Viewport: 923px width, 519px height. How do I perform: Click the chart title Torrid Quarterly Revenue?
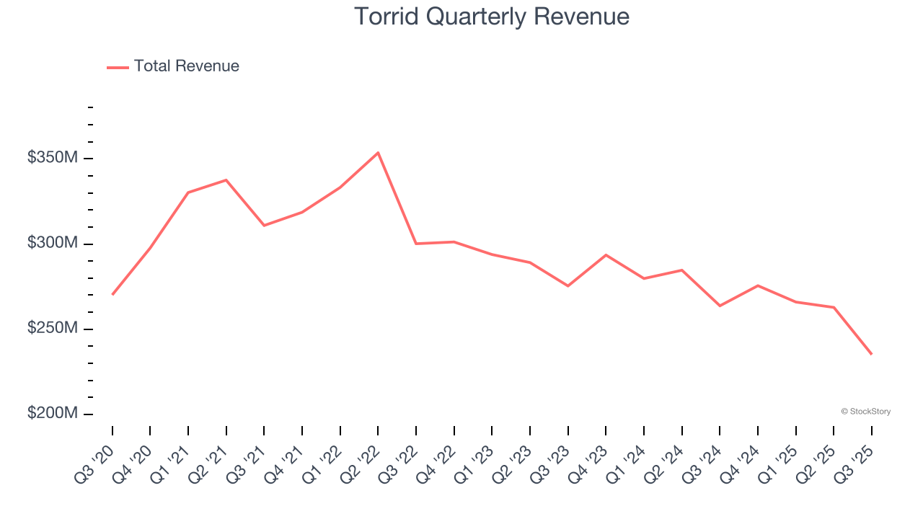pos(492,17)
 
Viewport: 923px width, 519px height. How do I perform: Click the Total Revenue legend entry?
pos(186,66)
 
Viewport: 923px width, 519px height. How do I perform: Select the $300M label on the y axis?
pos(53,244)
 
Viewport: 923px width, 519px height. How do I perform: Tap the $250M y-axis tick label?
pos(53,329)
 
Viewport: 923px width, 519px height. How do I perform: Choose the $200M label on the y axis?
pos(53,414)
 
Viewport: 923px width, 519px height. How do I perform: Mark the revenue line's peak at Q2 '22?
pos(378,153)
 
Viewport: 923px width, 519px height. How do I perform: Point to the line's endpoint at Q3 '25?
pos(871,354)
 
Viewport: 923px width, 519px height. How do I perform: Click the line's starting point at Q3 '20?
pos(112,294)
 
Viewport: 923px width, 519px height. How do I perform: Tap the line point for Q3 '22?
pos(416,244)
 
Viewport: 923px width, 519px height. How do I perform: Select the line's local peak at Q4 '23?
pos(606,255)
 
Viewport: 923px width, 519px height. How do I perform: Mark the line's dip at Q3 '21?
pos(264,226)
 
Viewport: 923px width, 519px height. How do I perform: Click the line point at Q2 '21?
pos(226,180)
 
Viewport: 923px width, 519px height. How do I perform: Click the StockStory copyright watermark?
pos(865,412)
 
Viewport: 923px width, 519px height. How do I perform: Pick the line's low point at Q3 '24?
pos(720,306)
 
